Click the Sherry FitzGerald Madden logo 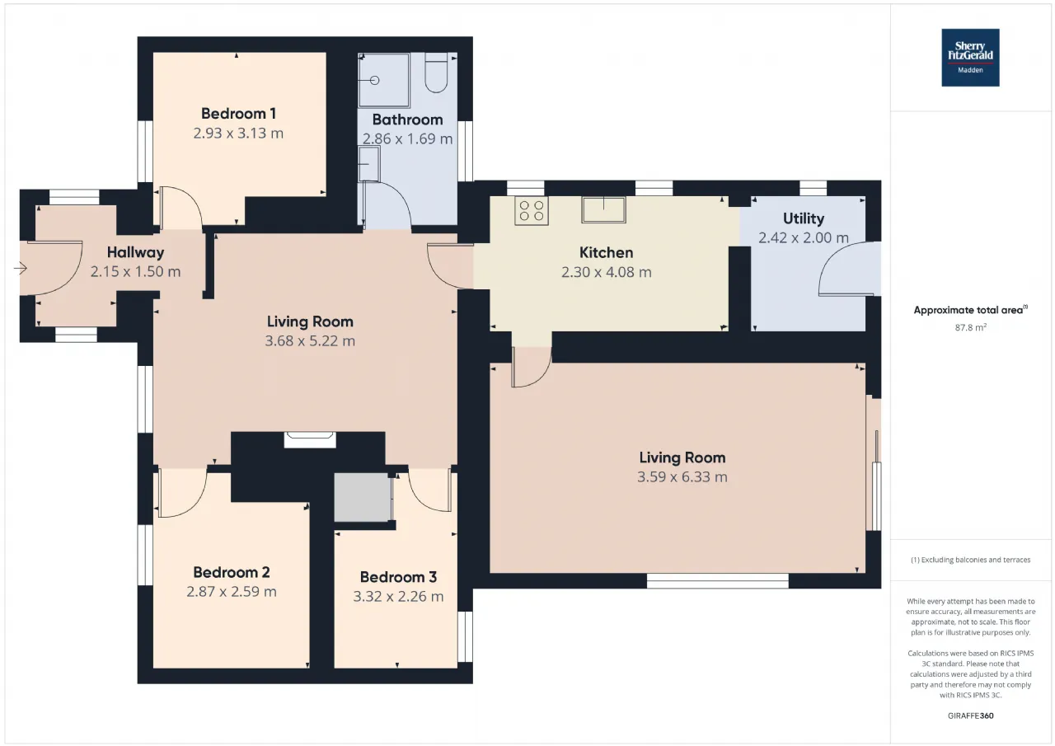tap(970, 58)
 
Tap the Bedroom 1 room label tap(238, 114)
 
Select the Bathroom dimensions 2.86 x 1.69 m tap(407, 139)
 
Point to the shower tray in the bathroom tap(384, 80)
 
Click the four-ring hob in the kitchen tap(532, 210)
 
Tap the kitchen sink tap(604, 209)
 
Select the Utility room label tap(804, 218)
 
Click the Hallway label tap(136, 252)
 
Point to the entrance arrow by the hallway tap(21, 269)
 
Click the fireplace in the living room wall tap(310, 440)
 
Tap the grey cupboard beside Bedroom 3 tap(363, 497)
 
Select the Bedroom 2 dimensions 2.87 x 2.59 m tap(232, 592)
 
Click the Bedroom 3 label tap(398, 577)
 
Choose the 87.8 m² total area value tap(971, 327)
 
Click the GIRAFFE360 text tap(971, 716)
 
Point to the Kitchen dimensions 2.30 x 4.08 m tap(606, 272)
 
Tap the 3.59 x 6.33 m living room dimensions tap(682, 477)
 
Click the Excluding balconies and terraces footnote tap(971, 560)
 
